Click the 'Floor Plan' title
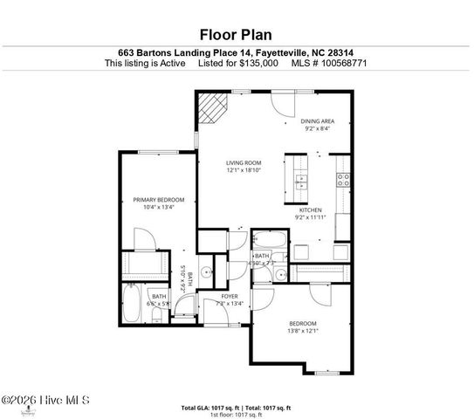237,35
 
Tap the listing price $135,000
259,63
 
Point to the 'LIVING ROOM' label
244,162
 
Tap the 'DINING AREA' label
318,121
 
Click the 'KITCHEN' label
312,209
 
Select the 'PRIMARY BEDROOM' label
158,200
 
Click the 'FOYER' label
230,297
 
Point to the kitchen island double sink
301,183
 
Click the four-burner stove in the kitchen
344,181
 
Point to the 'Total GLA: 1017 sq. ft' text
210,408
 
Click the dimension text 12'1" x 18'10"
244,170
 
